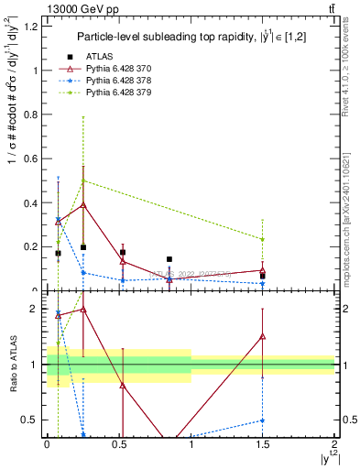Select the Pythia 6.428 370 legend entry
[x=113, y=68]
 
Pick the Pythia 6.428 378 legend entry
[x=113, y=80]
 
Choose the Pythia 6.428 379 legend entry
[x=113, y=92]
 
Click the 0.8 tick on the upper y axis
[x=33, y=115]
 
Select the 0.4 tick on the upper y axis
[x=33, y=203]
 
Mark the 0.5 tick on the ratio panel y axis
[x=33, y=420]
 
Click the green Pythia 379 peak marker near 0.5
[x=83, y=180]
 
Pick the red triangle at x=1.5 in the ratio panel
[x=263, y=336]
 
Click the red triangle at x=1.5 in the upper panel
[x=263, y=270]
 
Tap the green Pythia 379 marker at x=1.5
[x=263, y=239]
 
